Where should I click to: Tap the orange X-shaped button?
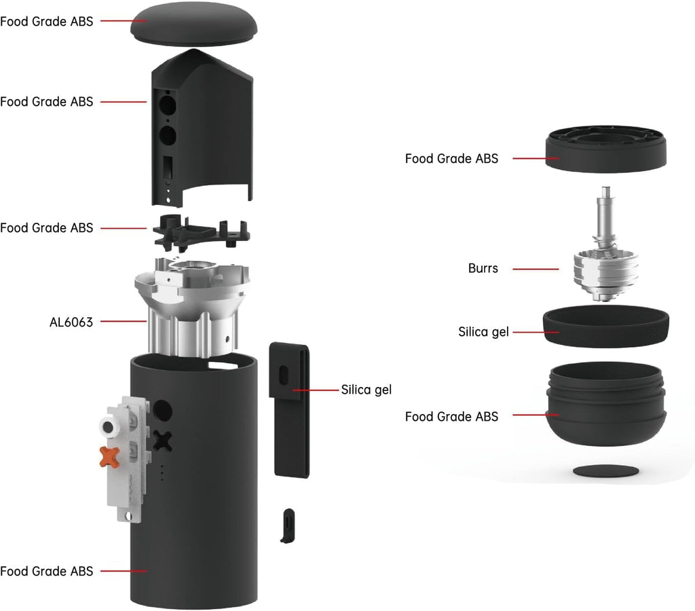pyautogui.click(x=110, y=457)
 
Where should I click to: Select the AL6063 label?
pyautogui.click(x=71, y=322)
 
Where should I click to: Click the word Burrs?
pyautogui.click(x=483, y=268)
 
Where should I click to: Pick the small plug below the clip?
pyautogui.click(x=288, y=524)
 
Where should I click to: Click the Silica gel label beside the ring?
pyautogui.click(x=483, y=332)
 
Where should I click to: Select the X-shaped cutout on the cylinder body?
pyautogui.click(x=164, y=441)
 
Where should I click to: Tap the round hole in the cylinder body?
pyautogui.click(x=163, y=411)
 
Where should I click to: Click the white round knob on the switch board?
pyautogui.click(x=107, y=426)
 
